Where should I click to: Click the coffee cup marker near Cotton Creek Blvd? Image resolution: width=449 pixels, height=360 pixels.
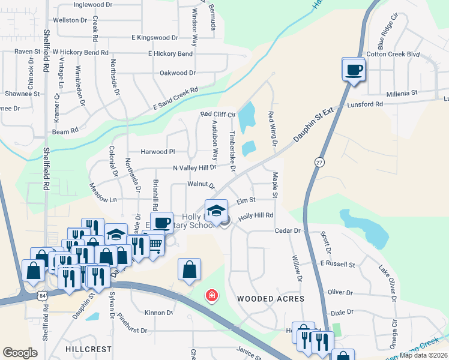pos(354,70)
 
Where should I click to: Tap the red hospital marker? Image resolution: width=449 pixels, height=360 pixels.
pos(211,295)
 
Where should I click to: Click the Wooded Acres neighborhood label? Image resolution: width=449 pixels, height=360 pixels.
pos(271,298)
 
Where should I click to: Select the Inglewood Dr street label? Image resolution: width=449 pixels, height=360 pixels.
pos(93,4)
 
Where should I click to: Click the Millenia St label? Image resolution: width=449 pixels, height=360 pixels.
pos(402,93)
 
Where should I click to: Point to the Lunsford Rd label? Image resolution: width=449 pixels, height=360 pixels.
pos(365,104)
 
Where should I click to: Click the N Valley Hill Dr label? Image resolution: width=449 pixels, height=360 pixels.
pos(194,169)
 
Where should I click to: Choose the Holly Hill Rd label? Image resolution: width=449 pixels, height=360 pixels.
pos(256,215)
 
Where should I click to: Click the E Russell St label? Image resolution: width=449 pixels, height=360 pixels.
pos(338,263)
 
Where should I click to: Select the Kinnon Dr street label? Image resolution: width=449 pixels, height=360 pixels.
pos(159,313)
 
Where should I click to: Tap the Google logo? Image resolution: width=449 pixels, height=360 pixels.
pos(20,353)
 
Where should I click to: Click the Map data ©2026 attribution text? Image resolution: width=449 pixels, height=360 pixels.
pos(424,355)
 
